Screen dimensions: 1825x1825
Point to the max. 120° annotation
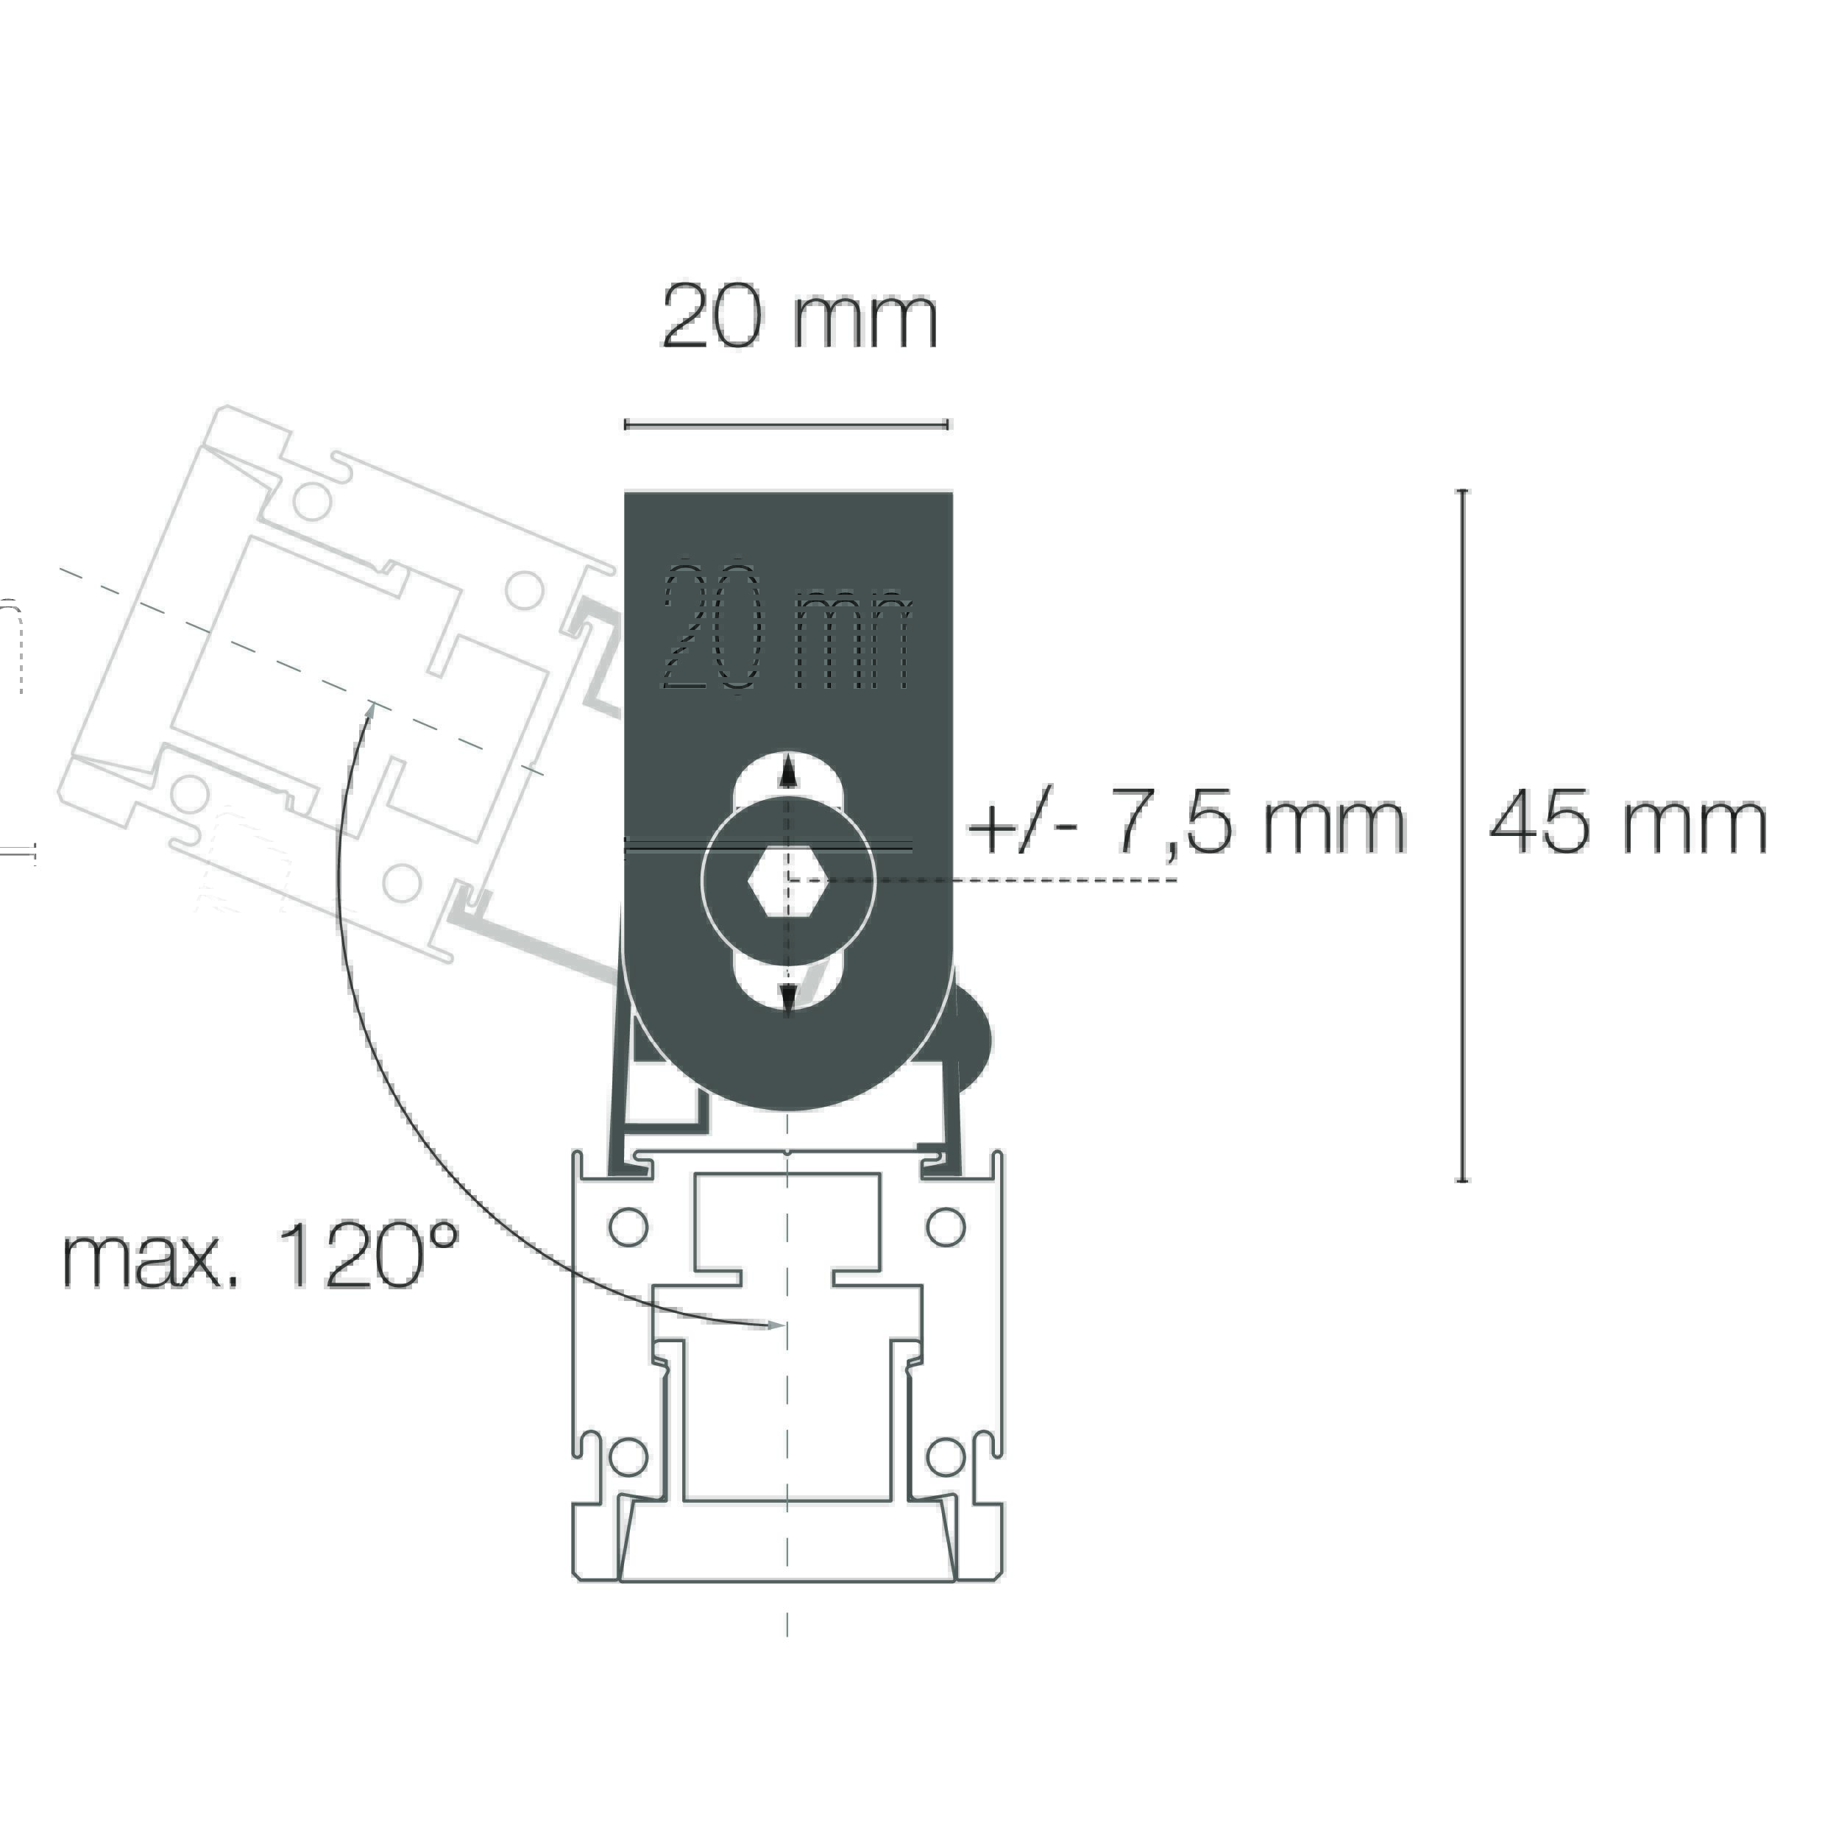click(261, 1258)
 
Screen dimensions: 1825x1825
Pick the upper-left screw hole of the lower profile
click(629, 1227)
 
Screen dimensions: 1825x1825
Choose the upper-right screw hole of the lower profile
click(946, 1227)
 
